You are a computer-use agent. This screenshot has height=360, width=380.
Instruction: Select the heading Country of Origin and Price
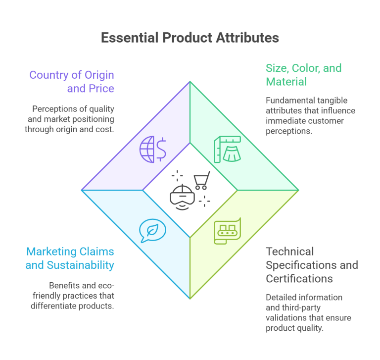tap(71, 82)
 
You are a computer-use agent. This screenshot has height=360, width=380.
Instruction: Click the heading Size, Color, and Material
tap(303, 75)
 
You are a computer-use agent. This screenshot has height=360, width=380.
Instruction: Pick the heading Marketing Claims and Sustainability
tap(70, 258)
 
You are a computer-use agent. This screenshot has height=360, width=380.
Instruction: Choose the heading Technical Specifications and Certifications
tap(312, 265)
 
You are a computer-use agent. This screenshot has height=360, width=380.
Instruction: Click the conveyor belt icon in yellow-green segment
tap(227, 230)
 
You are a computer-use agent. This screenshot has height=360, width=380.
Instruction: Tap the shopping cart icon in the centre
tap(201, 181)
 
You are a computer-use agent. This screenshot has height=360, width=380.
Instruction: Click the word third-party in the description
tap(298, 307)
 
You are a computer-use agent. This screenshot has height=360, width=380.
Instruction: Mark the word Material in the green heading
tap(286, 82)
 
